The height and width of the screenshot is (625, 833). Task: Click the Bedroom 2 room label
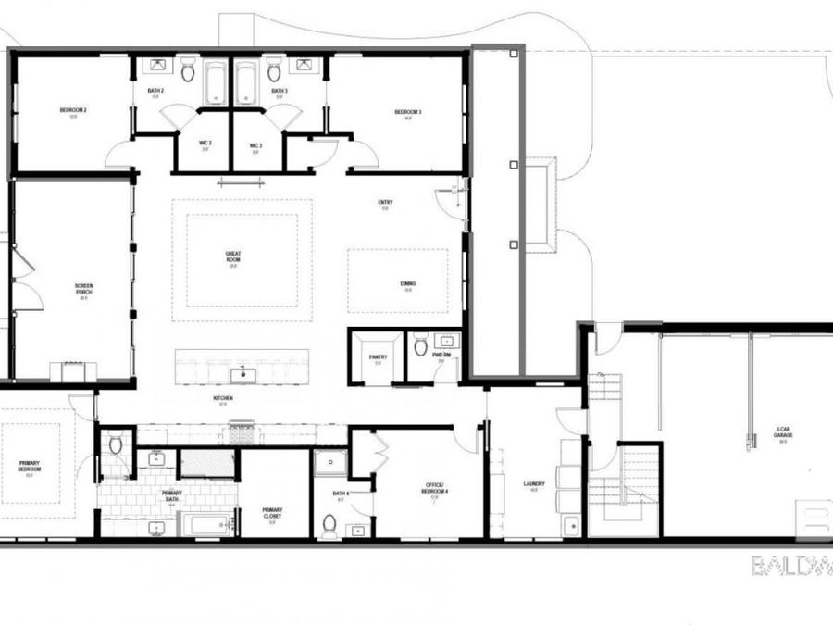[x=73, y=111]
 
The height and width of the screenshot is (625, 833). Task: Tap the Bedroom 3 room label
[x=408, y=113]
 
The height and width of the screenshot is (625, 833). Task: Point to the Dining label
[x=408, y=285]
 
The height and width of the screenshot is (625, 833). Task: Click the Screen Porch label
[x=83, y=287]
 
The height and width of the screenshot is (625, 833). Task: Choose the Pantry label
[x=377, y=357]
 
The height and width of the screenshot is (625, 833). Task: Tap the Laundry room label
[x=534, y=484]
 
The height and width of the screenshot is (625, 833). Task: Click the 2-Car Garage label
[x=783, y=431]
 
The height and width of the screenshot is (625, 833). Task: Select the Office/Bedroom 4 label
[x=435, y=489]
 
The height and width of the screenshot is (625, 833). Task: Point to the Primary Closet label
[x=272, y=511]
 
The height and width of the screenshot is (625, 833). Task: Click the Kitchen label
[x=223, y=399]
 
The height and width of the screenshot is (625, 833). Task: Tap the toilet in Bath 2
[x=188, y=69]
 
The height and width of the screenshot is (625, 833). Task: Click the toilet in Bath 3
[x=274, y=69]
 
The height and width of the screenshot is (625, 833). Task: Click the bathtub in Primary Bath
[x=209, y=524]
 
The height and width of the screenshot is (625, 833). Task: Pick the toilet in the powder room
[x=421, y=347]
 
